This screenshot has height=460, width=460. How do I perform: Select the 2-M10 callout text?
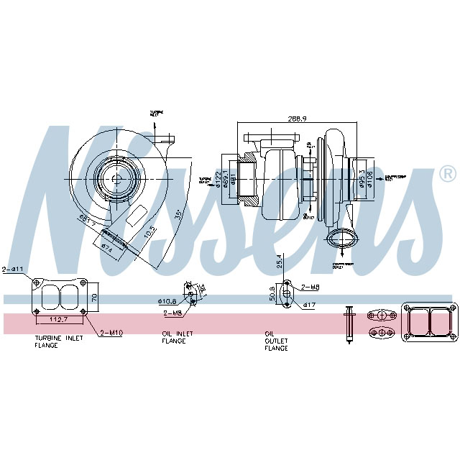[112, 332]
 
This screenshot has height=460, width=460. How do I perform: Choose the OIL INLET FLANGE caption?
[174, 336]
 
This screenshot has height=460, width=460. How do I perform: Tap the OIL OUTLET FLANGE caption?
[276, 341]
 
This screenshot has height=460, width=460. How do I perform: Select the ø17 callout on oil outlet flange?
[310, 305]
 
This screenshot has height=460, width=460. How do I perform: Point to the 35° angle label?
[178, 215]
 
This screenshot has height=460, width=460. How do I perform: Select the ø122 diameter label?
[218, 179]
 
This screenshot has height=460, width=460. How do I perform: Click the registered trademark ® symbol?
[447, 174]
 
